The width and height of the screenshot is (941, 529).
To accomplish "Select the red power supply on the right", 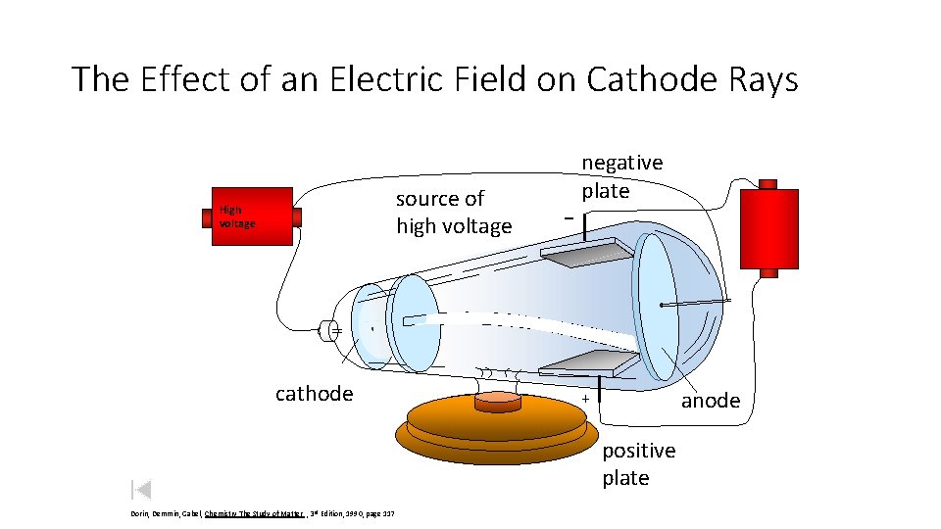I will (x=768, y=228).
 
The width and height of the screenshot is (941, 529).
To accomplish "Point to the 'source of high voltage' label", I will (x=453, y=213).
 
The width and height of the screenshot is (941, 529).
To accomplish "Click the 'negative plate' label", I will (x=621, y=176).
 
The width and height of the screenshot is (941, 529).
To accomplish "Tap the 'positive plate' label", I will (x=638, y=463).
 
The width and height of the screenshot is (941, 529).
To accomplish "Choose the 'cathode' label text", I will (x=314, y=393).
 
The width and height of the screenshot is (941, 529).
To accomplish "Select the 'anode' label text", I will (x=711, y=400).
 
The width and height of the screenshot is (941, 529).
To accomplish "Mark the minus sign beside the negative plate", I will (x=569, y=216).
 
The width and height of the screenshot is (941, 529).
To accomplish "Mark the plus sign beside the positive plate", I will (x=585, y=400).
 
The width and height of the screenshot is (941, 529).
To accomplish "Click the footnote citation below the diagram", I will (x=270, y=514).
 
